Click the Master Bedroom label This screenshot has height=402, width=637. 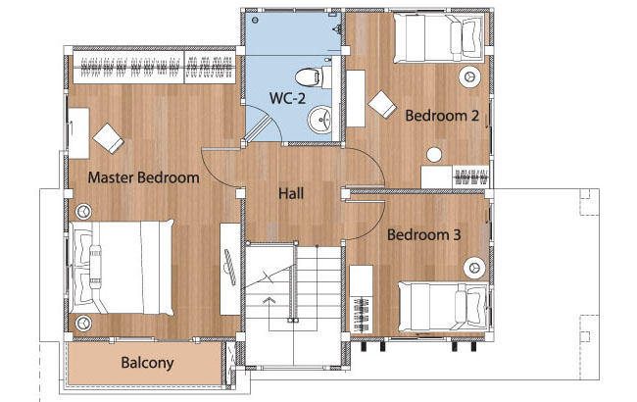(x=143, y=177)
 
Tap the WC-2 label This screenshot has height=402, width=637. (x=287, y=98)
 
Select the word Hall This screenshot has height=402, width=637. (x=291, y=193)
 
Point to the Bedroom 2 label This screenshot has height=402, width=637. (x=442, y=116)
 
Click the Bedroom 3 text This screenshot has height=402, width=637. (x=423, y=234)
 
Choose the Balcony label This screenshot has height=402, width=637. (x=147, y=363)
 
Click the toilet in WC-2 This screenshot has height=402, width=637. (x=314, y=76)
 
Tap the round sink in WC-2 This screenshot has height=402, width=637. (x=319, y=120)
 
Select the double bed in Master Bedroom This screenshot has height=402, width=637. (x=122, y=269)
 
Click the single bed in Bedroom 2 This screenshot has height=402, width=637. (x=439, y=37)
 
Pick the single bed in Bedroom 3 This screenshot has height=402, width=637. (x=444, y=307)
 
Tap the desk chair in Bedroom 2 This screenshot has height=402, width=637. (x=382, y=105)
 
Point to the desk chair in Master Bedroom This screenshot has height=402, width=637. (x=109, y=138)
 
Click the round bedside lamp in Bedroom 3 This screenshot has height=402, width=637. (x=474, y=268)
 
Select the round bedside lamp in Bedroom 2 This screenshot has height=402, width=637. (x=469, y=76)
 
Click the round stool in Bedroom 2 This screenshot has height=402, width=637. (x=434, y=155)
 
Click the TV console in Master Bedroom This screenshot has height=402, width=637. (x=230, y=269)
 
